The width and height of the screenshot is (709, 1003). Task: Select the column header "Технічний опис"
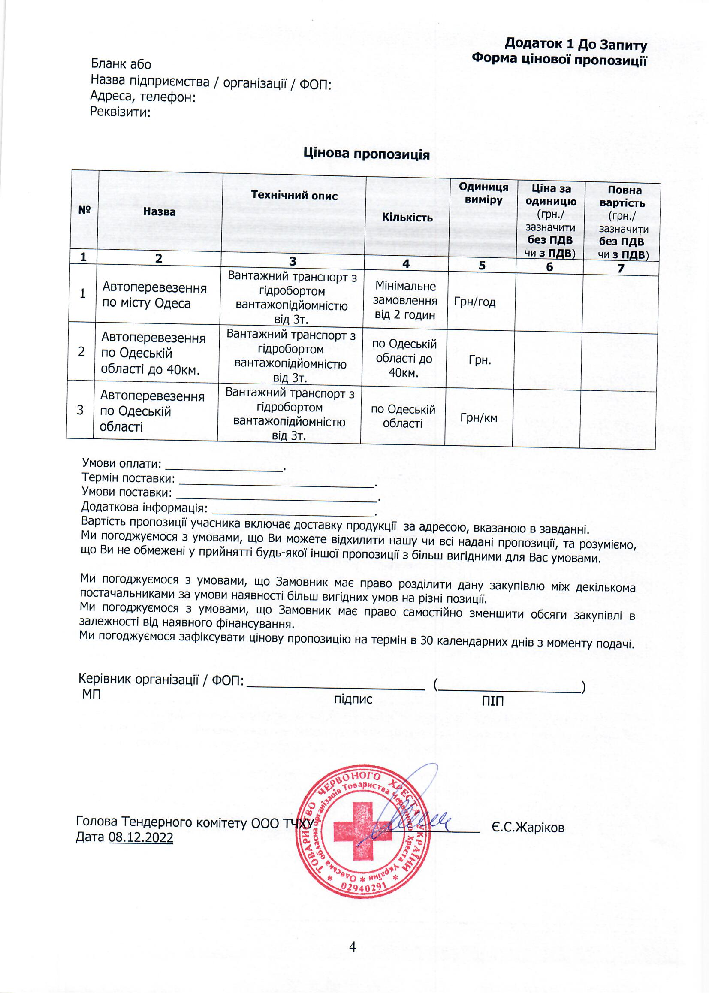click(x=294, y=196)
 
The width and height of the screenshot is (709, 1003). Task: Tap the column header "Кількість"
click(x=407, y=217)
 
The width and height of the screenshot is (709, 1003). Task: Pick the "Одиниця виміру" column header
click(x=483, y=193)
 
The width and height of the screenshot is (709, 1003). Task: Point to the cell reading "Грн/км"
click(x=478, y=418)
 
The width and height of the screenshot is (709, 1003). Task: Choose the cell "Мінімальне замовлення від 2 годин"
click(x=405, y=301)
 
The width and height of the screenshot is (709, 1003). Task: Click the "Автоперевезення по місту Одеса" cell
click(x=154, y=295)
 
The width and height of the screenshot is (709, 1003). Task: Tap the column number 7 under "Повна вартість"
click(x=620, y=268)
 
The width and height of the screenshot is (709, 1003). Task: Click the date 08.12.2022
click(x=140, y=837)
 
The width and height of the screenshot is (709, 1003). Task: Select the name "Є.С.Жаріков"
click(x=528, y=828)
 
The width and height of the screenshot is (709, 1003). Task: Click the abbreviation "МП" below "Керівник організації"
click(x=91, y=694)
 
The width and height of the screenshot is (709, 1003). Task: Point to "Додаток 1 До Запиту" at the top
click(x=575, y=44)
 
